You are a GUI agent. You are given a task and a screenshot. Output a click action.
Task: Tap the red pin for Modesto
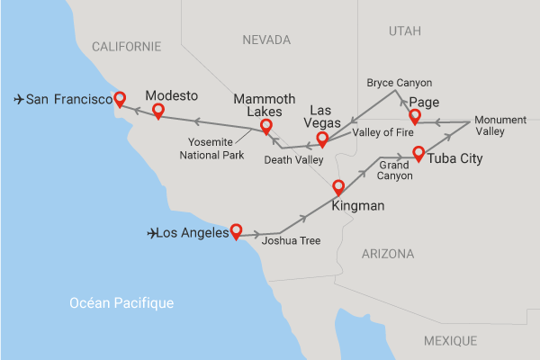(x=158, y=110)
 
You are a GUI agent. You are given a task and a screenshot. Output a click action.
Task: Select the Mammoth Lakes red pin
(x=265, y=125)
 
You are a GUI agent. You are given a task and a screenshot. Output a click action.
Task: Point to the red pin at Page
(x=415, y=116)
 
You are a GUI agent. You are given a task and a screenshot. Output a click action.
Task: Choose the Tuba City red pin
(x=418, y=152)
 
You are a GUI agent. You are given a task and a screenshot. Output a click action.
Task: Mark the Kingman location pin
(x=338, y=187)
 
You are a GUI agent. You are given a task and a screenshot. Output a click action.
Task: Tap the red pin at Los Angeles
(x=236, y=229)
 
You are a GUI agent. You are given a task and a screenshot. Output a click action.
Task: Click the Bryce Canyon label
(x=400, y=82)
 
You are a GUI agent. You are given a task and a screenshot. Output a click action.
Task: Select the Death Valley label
(x=293, y=160)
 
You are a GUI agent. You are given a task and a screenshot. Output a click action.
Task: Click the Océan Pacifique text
(x=121, y=303)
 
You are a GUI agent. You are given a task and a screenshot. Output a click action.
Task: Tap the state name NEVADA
(x=266, y=40)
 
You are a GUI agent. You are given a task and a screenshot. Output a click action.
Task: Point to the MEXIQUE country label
(x=450, y=340)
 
